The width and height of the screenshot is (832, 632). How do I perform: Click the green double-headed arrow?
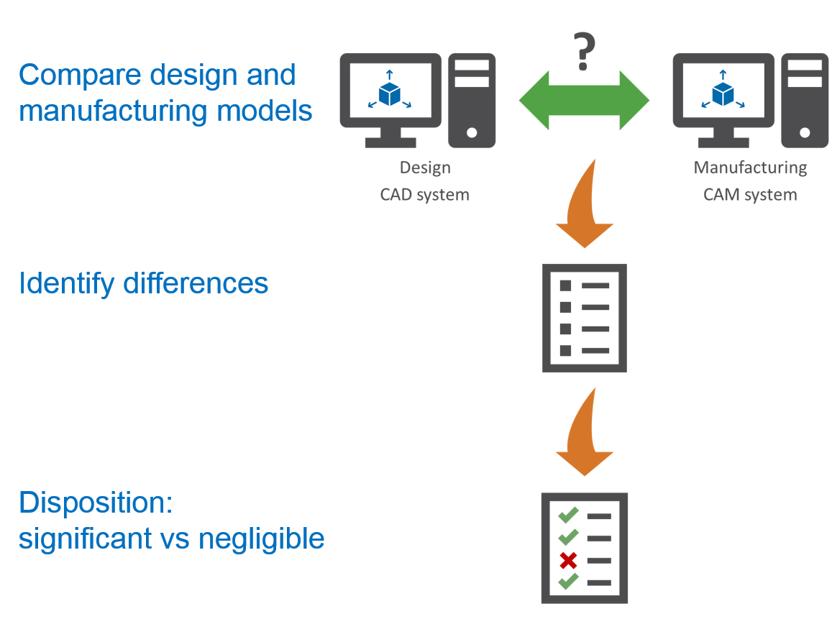[x=584, y=101]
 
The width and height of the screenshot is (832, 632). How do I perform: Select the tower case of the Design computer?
[x=471, y=101]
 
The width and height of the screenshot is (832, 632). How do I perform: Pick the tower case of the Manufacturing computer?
[x=804, y=101]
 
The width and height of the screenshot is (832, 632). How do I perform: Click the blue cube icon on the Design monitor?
[x=390, y=89]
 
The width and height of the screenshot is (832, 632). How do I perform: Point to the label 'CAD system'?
[x=424, y=195]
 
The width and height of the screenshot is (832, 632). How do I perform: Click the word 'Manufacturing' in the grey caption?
[x=750, y=168]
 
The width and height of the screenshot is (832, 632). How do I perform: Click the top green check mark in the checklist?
[x=569, y=515]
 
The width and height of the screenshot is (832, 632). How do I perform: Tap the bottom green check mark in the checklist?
[x=569, y=581]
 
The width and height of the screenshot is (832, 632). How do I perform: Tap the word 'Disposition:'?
[x=96, y=503]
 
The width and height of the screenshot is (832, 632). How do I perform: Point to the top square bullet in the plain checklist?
[x=565, y=285]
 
